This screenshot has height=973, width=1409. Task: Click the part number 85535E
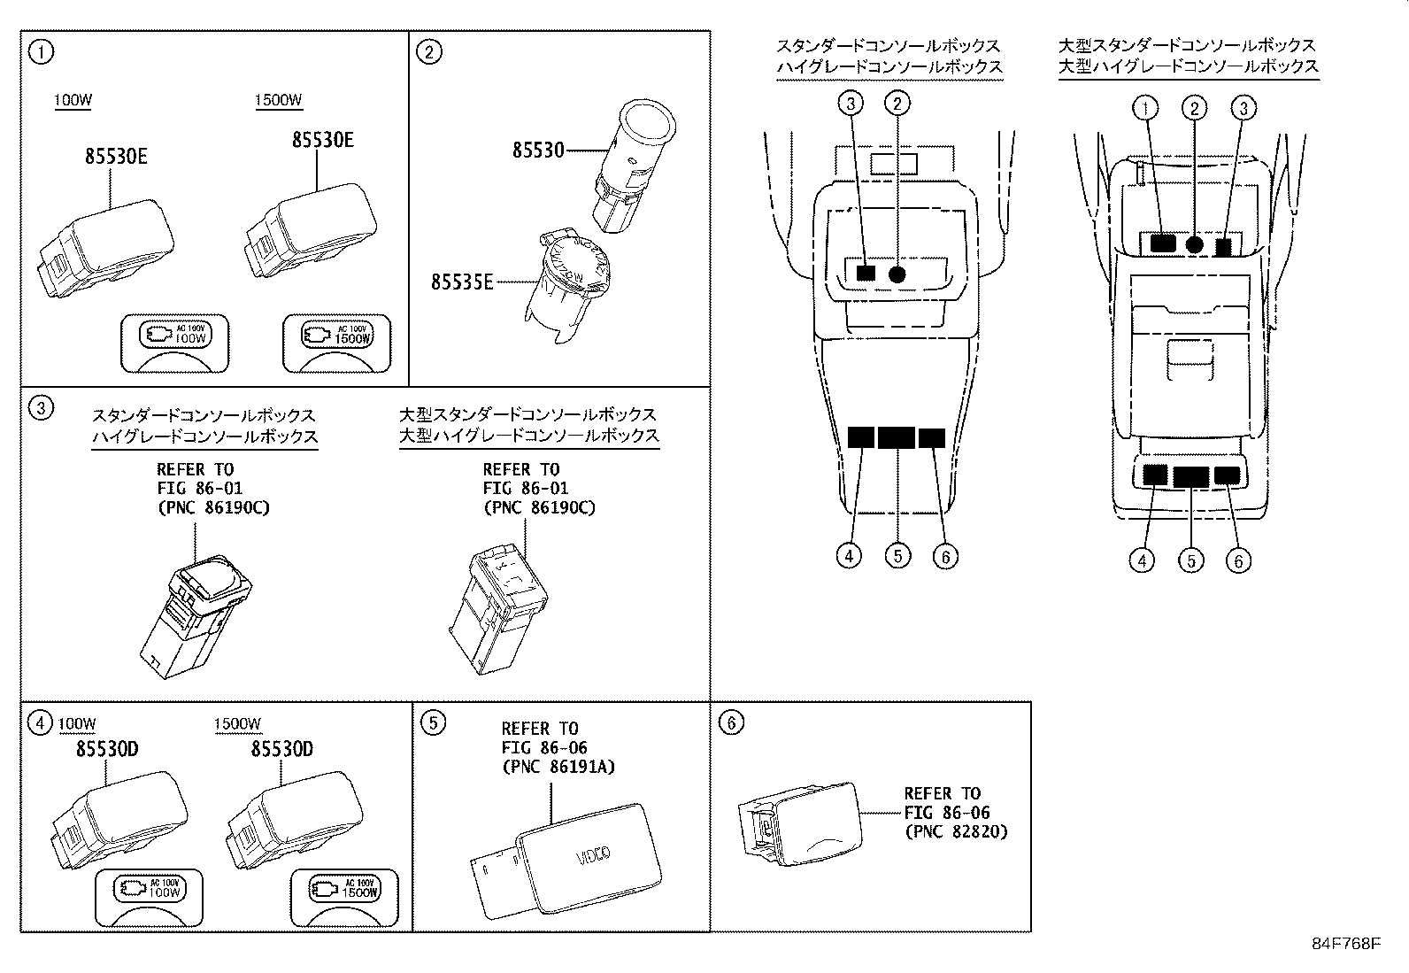click(x=462, y=282)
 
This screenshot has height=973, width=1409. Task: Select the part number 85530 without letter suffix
click(x=537, y=151)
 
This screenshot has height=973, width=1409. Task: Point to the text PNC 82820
click(x=956, y=831)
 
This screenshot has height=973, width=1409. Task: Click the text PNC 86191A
click(x=558, y=767)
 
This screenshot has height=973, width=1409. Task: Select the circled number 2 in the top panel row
click(x=428, y=52)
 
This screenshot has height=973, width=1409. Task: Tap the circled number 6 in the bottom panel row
click(x=731, y=723)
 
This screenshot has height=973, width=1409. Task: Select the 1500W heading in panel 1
click(x=278, y=100)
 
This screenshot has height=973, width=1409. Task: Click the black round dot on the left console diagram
click(x=897, y=274)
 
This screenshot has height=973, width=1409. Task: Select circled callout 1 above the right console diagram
click(x=1145, y=109)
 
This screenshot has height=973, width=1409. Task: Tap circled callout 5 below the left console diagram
click(x=897, y=555)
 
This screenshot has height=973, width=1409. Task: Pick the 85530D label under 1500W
click(x=281, y=750)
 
